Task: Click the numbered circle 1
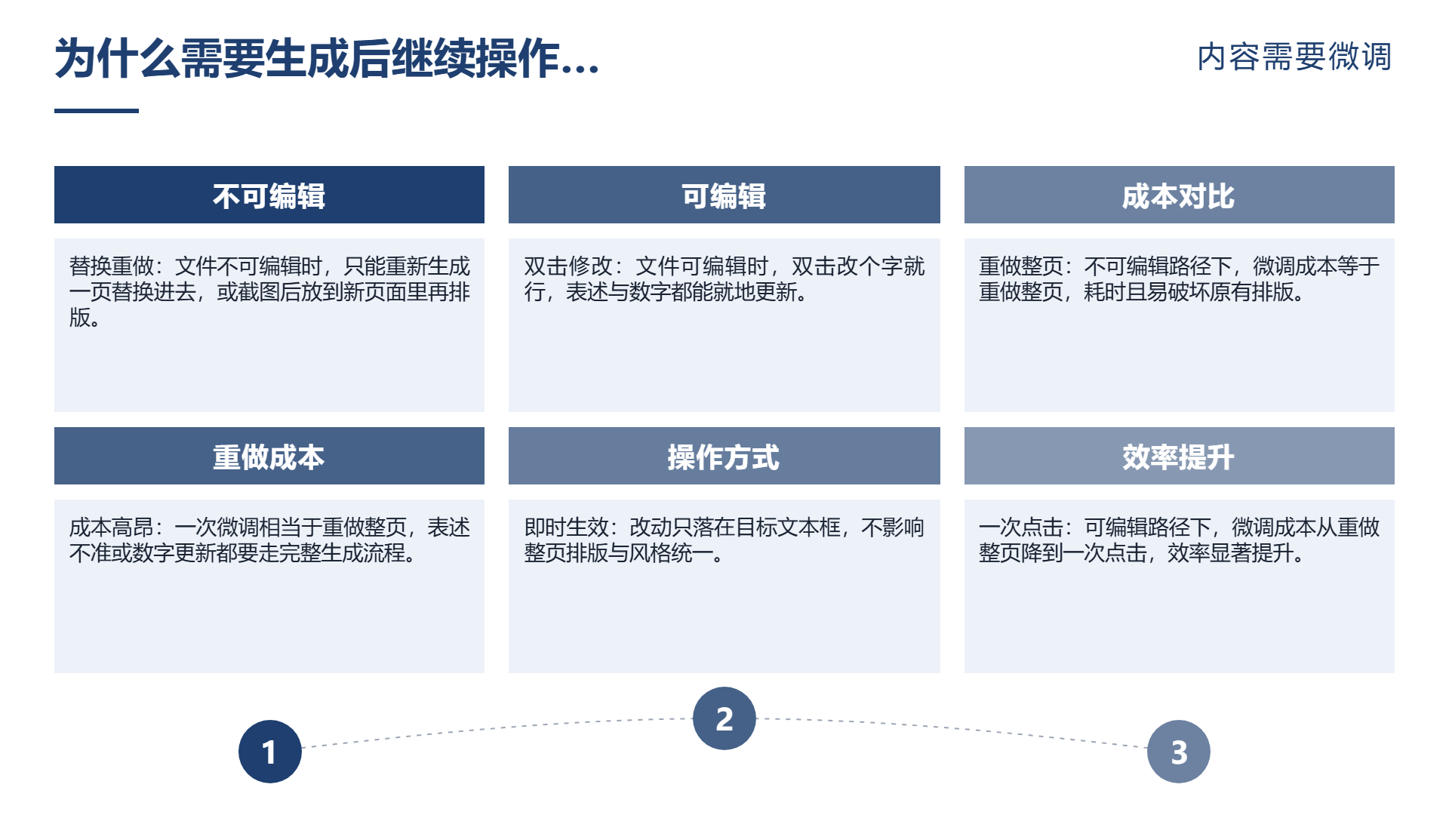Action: [270, 752]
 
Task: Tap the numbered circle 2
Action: [724, 718]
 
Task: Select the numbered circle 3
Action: [1179, 752]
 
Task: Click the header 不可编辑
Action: [269, 195]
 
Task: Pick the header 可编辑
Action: [724, 195]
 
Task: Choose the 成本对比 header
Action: [1180, 195]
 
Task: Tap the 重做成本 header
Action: [269, 457]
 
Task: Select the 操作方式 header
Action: [724, 457]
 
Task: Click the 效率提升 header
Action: [1180, 457]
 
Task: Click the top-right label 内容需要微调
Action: [1295, 57]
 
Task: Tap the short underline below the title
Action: [97, 111]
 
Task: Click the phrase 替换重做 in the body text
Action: [112, 266]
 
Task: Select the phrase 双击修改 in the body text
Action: [568, 266]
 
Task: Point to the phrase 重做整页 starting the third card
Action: [1021, 266]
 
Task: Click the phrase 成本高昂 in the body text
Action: [112, 527]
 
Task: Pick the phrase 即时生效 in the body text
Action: [567, 527]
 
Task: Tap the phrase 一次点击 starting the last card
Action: [1021, 527]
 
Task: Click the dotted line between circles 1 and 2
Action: [497, 728]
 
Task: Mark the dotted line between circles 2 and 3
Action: [952, 728]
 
